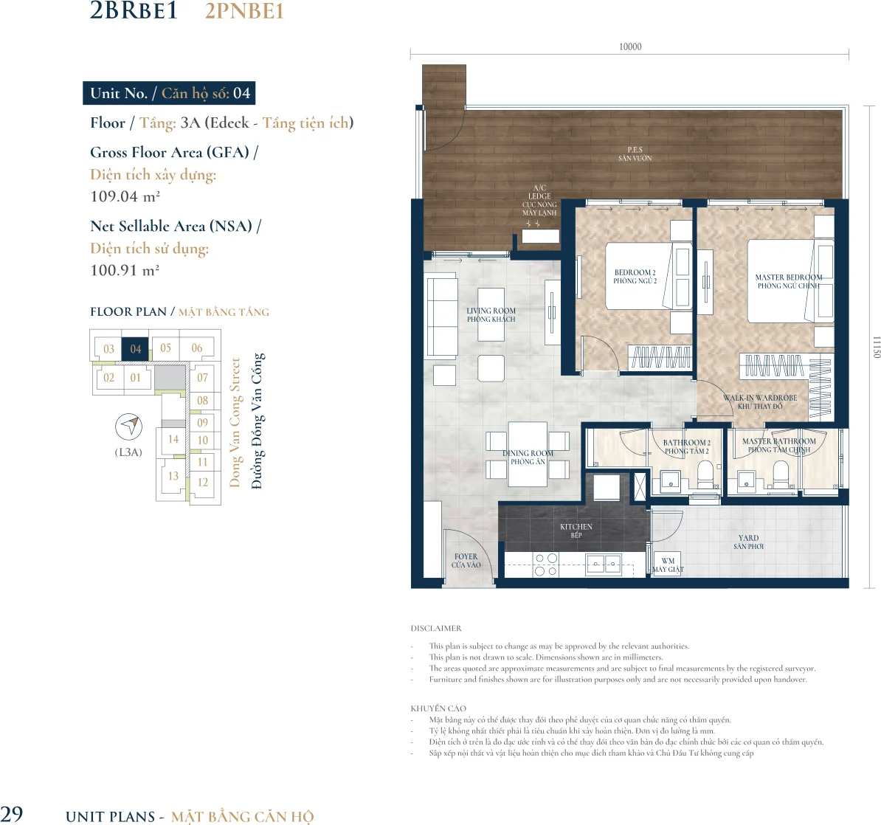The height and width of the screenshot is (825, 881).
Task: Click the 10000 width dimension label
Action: (630, 46)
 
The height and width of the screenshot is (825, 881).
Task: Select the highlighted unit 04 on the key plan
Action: (136, 349)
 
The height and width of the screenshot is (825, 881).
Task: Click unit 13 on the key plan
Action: (173, 476)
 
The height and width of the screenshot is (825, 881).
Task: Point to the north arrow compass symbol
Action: (128, 427)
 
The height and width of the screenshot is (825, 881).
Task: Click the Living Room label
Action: (491, 314)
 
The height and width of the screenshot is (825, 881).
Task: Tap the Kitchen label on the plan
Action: (576, 531)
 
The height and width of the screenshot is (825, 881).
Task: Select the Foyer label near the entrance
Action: (466, 560)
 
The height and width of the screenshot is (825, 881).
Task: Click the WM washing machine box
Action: (668, 565)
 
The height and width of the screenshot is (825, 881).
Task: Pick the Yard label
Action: (748, 542)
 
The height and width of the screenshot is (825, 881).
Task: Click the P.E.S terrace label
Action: (635, 153)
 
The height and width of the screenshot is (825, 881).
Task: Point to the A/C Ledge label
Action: (539, 200)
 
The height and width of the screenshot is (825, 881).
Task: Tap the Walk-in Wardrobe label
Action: (760, 402)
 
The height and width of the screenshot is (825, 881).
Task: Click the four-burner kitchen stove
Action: (546, 565)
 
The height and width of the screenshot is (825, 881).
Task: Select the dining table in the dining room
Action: (528, 454)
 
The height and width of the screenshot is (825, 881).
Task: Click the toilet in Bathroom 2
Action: (705, 475)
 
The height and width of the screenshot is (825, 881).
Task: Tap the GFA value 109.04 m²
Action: (125, 197)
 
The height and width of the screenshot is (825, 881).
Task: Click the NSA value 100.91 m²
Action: (125, 270)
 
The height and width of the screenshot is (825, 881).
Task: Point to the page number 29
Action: (11, 814)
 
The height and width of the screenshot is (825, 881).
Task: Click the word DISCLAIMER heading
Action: (436, 628)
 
